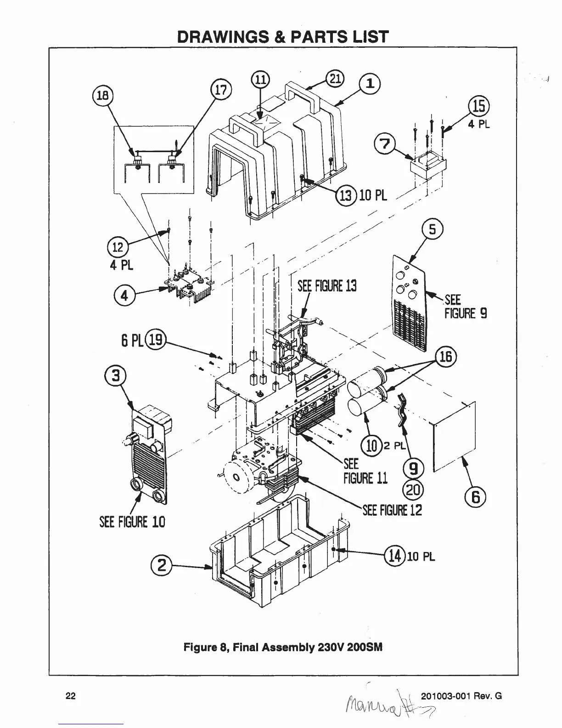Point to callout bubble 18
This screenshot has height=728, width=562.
tap(101, 95)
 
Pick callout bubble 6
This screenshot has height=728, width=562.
tap(475, 497)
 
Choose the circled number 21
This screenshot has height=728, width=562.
tap(335, 79)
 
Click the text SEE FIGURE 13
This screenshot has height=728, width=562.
tap(327, 286)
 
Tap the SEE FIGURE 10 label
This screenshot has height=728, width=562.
tap(132, 522)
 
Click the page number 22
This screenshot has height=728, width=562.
tap(71, 695)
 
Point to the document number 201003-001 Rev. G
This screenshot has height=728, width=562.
tap(461, 695)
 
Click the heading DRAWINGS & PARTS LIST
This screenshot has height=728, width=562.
tap(283, 36)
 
